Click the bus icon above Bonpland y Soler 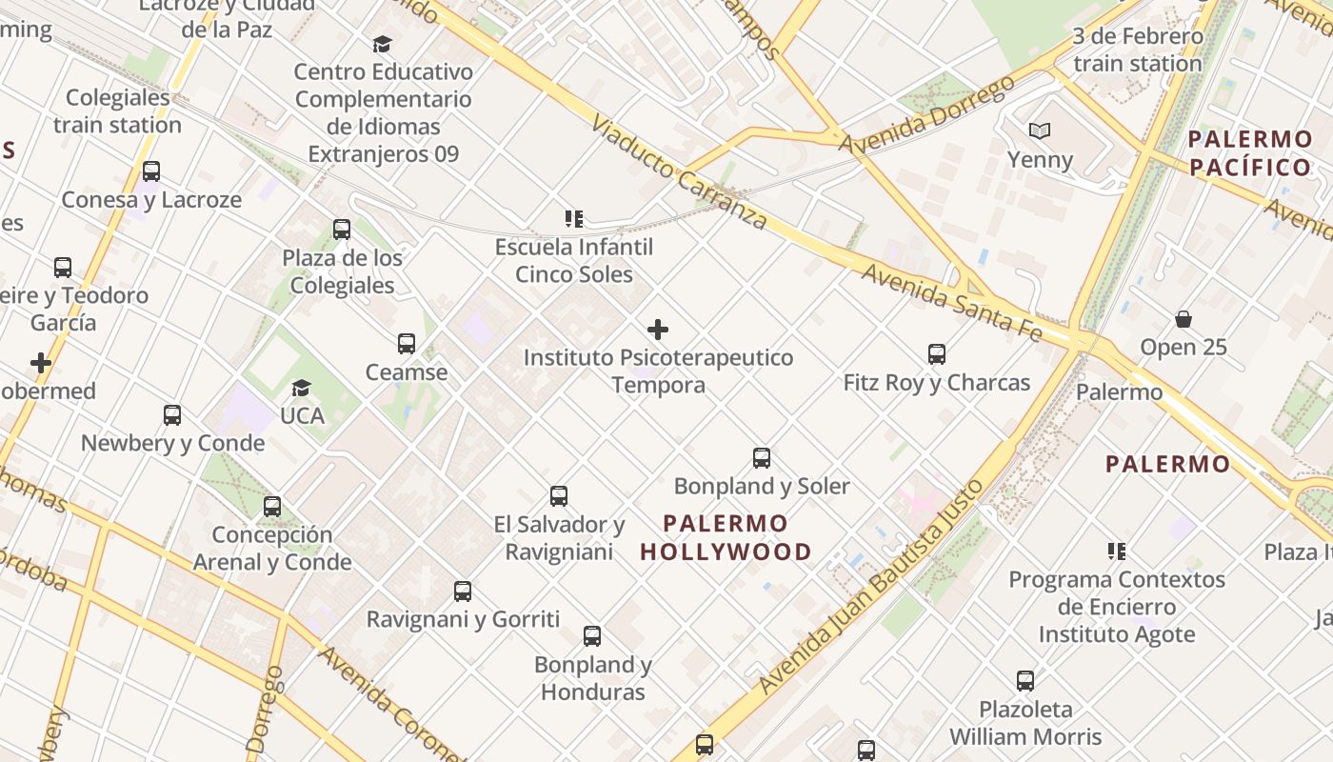tap(762, 458)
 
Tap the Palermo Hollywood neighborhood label tap(726, 537)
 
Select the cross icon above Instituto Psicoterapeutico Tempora tap(658, 331)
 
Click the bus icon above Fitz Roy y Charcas tap(937, 354)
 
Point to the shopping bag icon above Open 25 tap(1184, 319)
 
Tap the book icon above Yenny tap(1040, 131)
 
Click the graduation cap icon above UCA tap(302, 388)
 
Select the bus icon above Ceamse tap(407, 344)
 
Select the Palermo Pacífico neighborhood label tap(1250, 153)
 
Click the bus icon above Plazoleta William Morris tap(1025, 681)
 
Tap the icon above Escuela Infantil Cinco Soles tap(573, 219)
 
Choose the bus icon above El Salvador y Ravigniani tap(559, 496)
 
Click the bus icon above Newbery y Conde tap(172, 415)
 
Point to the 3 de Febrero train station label tap(1137, 50)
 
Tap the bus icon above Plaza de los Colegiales tap(342, 230)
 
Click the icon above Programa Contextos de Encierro tap(1117, 551)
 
